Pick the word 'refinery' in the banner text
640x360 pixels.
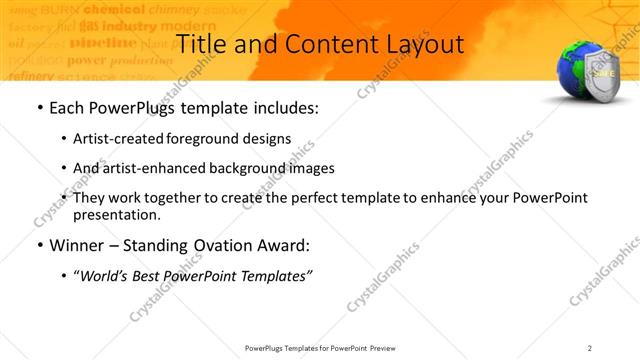coord(29,75)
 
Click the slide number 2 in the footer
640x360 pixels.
coord(590,348)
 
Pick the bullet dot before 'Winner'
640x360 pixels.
coord(37,245)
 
